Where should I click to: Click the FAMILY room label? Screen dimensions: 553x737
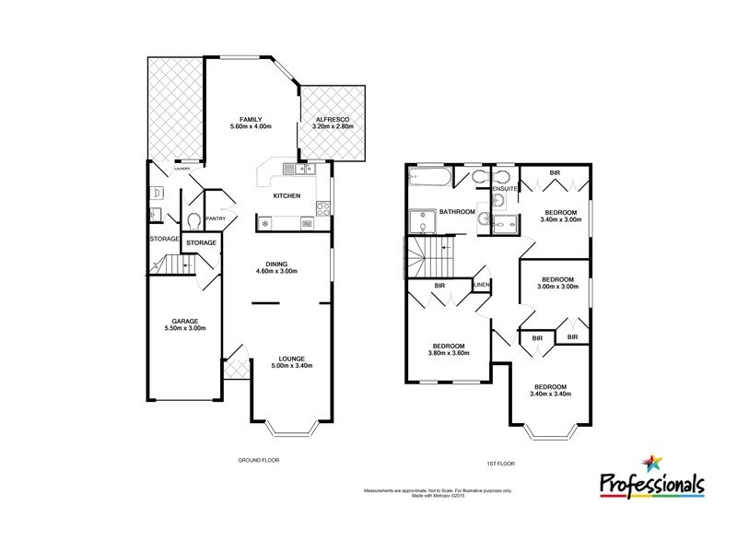click(x=252, y=120)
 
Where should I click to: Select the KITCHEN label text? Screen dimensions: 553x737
click(x=287, y=196)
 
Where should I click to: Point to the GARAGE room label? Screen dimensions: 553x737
click(x=184, y=322)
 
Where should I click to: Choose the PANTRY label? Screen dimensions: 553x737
click(x=216, y=218)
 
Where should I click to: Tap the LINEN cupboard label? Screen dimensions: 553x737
click(x=481, y=286)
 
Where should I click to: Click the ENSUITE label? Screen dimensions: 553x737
click(x=503, y=188)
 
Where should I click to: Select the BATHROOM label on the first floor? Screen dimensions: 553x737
click(x=456, y=212)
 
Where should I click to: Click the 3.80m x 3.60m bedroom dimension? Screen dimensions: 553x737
click(x=450, y=353)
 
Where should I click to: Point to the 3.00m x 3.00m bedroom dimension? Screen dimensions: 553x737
click(x=557, y=287)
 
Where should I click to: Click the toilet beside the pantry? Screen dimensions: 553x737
click(x=193, y=221)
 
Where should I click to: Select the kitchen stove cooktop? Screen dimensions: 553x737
click(x=323, y=209)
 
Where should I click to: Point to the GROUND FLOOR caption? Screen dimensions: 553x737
click(x=258, y=459)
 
